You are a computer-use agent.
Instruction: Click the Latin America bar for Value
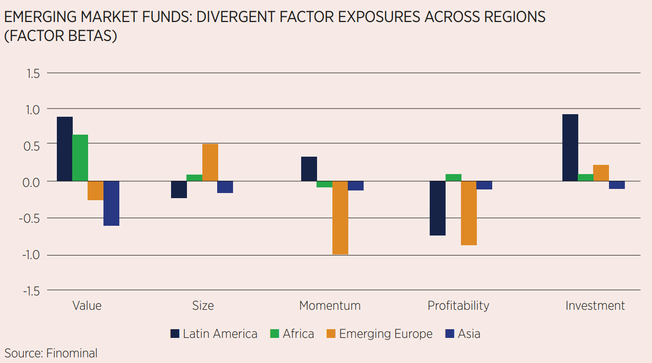[65, 149]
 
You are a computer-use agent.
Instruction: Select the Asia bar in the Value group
[111, 203]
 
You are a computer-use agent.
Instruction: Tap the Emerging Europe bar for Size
[210, 162]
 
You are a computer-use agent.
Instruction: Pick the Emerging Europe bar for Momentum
[340, 218]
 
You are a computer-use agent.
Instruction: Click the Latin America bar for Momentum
[309, 169]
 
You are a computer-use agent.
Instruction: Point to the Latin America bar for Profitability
[437, 208]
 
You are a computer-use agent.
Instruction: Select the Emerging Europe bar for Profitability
[469, 213]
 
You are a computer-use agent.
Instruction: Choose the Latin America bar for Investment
[570, 147]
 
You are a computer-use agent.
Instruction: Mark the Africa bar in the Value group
[80, 158]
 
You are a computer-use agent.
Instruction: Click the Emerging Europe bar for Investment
[601, 173]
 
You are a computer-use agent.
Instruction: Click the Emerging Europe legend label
[386, 334]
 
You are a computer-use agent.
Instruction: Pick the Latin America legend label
[220, 334]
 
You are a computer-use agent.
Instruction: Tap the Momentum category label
[330, 306]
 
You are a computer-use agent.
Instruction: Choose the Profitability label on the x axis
[458, 306]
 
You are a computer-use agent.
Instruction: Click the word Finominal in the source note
[72, 353]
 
